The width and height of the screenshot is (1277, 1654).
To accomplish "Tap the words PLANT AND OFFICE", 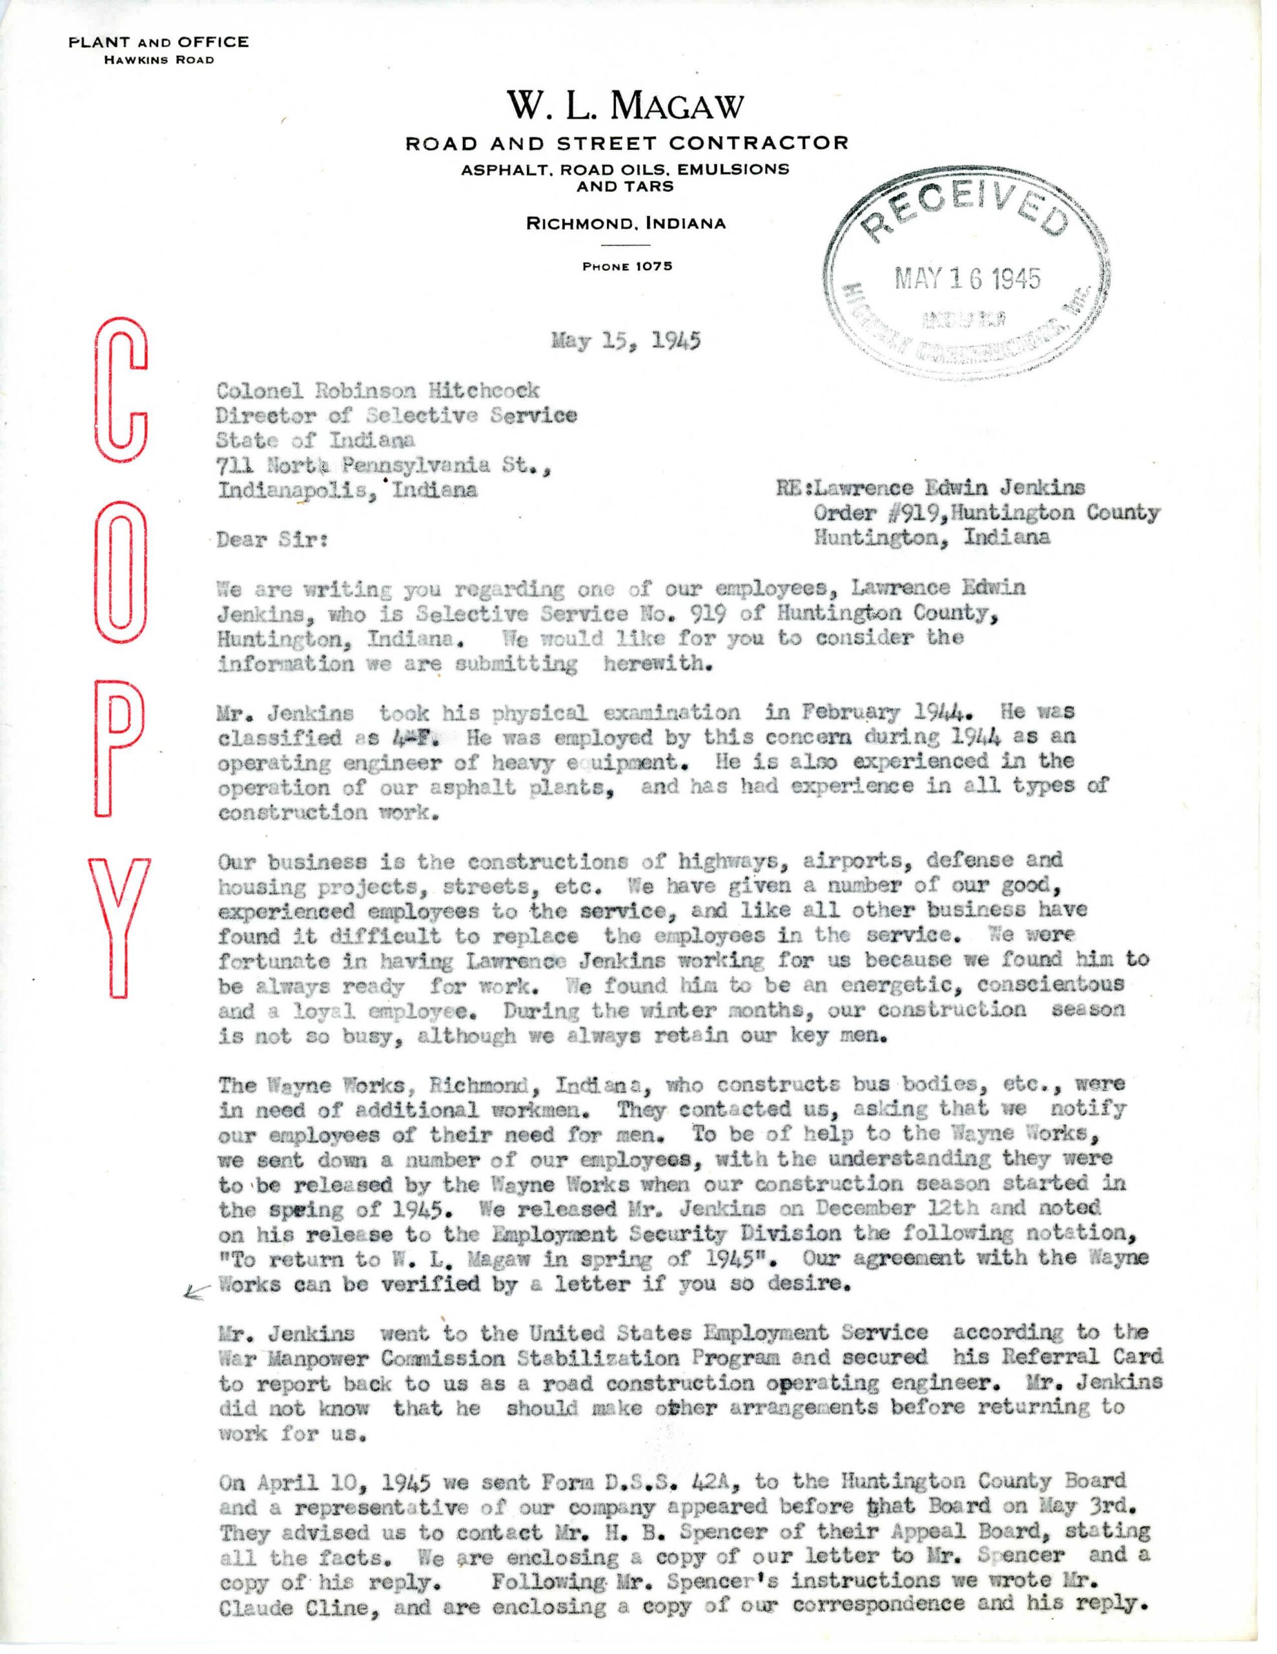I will (x=158, y=43).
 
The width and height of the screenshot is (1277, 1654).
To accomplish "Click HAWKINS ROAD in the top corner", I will (x=158, y=61).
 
